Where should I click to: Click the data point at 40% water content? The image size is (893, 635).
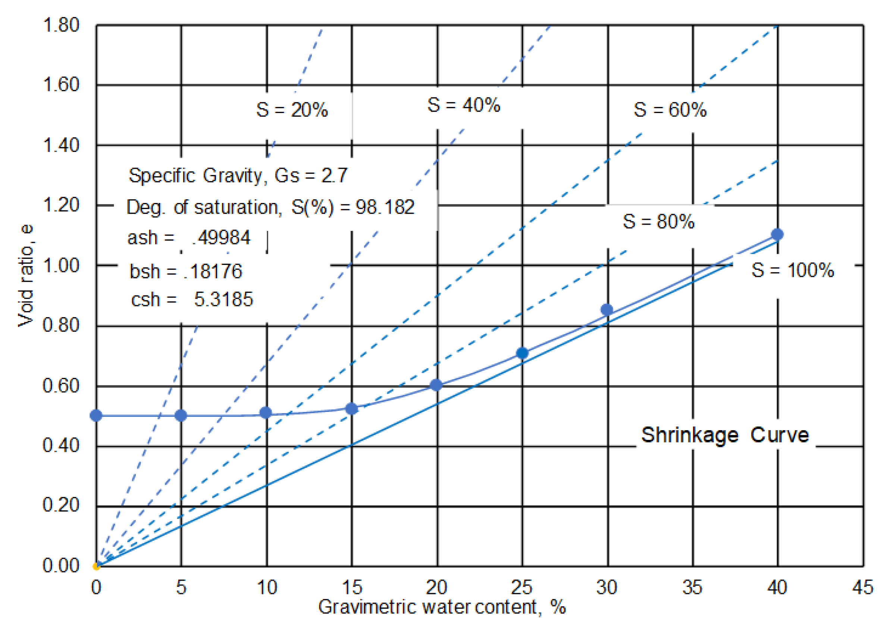point(777,235)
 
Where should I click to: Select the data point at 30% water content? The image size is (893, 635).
point(607,310)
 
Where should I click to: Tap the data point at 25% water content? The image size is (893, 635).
point(522,353)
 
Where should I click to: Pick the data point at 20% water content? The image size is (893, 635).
point(436,385)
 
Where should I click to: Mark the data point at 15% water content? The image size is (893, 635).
point(352,409)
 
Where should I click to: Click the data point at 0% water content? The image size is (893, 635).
point(96,416)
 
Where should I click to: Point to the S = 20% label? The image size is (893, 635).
point(292,110)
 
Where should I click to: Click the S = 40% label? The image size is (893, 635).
point(464,105)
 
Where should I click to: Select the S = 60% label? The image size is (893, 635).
point(670,110)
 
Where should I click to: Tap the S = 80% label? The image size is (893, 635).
point(659,222)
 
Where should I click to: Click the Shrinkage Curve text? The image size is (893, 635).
point(725,435)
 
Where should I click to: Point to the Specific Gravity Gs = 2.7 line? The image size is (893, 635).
point(238,176)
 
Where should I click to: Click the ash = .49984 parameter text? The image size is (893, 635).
point(189,238)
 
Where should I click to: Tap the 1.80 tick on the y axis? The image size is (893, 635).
point(61,25)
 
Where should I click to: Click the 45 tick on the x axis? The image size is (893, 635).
point(862,588)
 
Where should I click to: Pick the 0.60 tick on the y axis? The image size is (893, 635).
point(61,386)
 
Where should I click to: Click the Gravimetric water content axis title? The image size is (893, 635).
point(442,607)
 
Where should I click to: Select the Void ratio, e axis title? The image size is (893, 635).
point(26,276)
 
